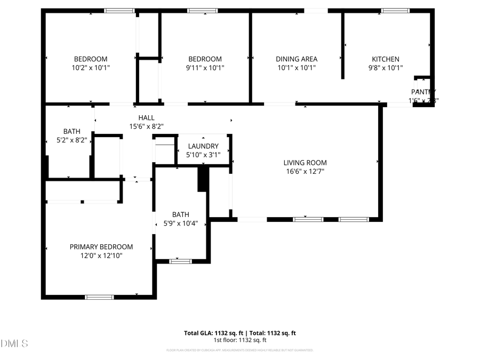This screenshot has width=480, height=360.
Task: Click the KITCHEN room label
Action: coord(385,59)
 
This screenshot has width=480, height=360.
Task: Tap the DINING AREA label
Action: coord(297,59)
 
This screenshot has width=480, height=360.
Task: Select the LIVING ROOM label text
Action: coord(305,163)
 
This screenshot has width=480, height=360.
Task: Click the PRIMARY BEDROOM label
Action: coord(101,247)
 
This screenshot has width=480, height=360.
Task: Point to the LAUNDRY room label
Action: coord(202,146)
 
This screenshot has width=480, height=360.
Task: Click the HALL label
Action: coord(146,118)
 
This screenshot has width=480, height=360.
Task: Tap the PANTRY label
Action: coord(423,92)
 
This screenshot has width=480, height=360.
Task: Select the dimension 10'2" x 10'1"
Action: coord(91,68)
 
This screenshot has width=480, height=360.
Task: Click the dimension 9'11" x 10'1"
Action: coord(205,68)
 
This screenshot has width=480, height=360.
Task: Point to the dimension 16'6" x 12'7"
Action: coord(305,172)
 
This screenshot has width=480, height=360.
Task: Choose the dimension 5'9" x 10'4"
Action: coord(180,223)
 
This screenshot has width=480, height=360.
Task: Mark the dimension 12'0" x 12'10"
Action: coord(101,256)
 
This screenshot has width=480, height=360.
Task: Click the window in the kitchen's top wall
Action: coord(395,10)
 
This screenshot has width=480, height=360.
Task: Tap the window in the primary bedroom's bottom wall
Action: coord(100,297)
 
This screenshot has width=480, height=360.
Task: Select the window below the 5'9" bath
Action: coord(181,261)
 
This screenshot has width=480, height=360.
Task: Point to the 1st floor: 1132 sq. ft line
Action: coord(240,340)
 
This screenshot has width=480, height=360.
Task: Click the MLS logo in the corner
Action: coord(14,343)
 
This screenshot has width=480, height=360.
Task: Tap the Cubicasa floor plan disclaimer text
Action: coord(240,350)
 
